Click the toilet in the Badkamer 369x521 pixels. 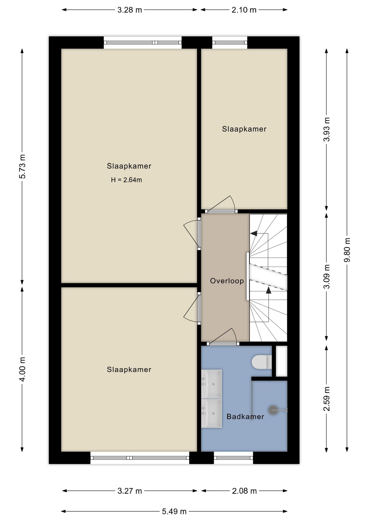pyautogui.click(x=262, y=362)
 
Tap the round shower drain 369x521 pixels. pyautogui.click(x=273, y=410)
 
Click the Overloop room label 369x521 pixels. pyautogui.click(x=227, y=281)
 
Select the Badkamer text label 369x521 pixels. pyautogui.click(x=245, y=417)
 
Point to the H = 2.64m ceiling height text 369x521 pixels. pyautogui.click(x=126, y=180)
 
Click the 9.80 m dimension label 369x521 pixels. pyautogui.click(x=347, y=250)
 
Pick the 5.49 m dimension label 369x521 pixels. pyautogui.click(x=174, y=512)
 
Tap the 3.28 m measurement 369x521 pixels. pyautogui.click(x=130, y=10)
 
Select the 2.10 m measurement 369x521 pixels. pyautogui.click(x=244, y=10)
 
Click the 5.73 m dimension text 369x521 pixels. pyautogui.click(x=22, y=166)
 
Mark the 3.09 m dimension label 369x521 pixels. pyautogui.click(x=326, y=277)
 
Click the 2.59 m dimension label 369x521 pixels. pyautogui.click(x=326, y=399)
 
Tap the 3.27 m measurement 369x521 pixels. pyautogui.click(x=130, y=491)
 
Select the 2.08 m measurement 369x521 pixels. pyautogui.click(x=244, y=491)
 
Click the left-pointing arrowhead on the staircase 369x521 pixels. pyautogui.click(x=254, y=233)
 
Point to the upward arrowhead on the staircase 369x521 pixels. pyautogui.click(x=268, y=290)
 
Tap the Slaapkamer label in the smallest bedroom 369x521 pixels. pyautogui.click(x=244, y=129)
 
